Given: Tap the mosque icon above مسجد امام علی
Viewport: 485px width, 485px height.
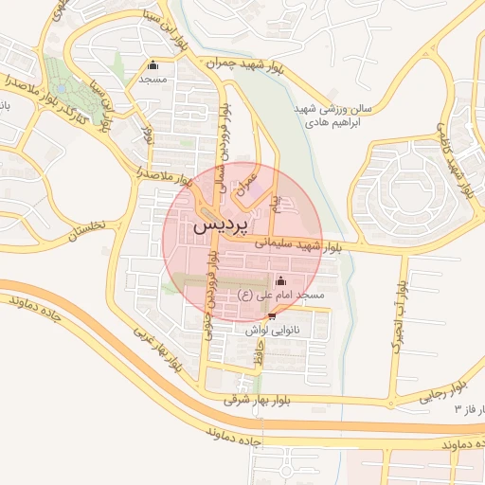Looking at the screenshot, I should (x=279, y=281).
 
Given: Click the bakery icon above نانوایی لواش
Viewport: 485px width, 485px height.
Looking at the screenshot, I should (x=273, y=316).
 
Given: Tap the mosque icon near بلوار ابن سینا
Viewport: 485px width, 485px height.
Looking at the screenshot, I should (x=153, y=65).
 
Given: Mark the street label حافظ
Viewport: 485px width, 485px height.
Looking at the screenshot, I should (x=257, y=357).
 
